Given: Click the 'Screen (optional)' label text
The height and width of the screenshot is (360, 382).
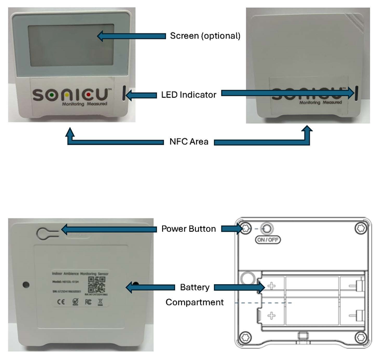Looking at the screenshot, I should tap(205, 36).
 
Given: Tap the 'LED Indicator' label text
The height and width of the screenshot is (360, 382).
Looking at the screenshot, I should tap(189, 94).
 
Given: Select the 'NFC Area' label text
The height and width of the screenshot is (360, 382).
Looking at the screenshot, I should tap(188, 142).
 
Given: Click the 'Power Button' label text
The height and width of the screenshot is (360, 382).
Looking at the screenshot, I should tap(189, 229).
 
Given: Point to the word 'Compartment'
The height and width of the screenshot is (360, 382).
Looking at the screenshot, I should tap(194, 302).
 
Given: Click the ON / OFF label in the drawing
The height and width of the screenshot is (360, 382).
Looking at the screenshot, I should tap(268, 240).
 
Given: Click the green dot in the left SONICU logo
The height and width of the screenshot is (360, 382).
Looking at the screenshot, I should tap(53, 94).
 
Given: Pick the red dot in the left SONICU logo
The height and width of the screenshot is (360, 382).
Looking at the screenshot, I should tap(86, 94).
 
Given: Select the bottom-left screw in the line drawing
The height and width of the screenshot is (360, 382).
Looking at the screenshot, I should tap(245, 338).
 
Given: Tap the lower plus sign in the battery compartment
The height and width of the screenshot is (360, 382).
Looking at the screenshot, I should tap(271, 315).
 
